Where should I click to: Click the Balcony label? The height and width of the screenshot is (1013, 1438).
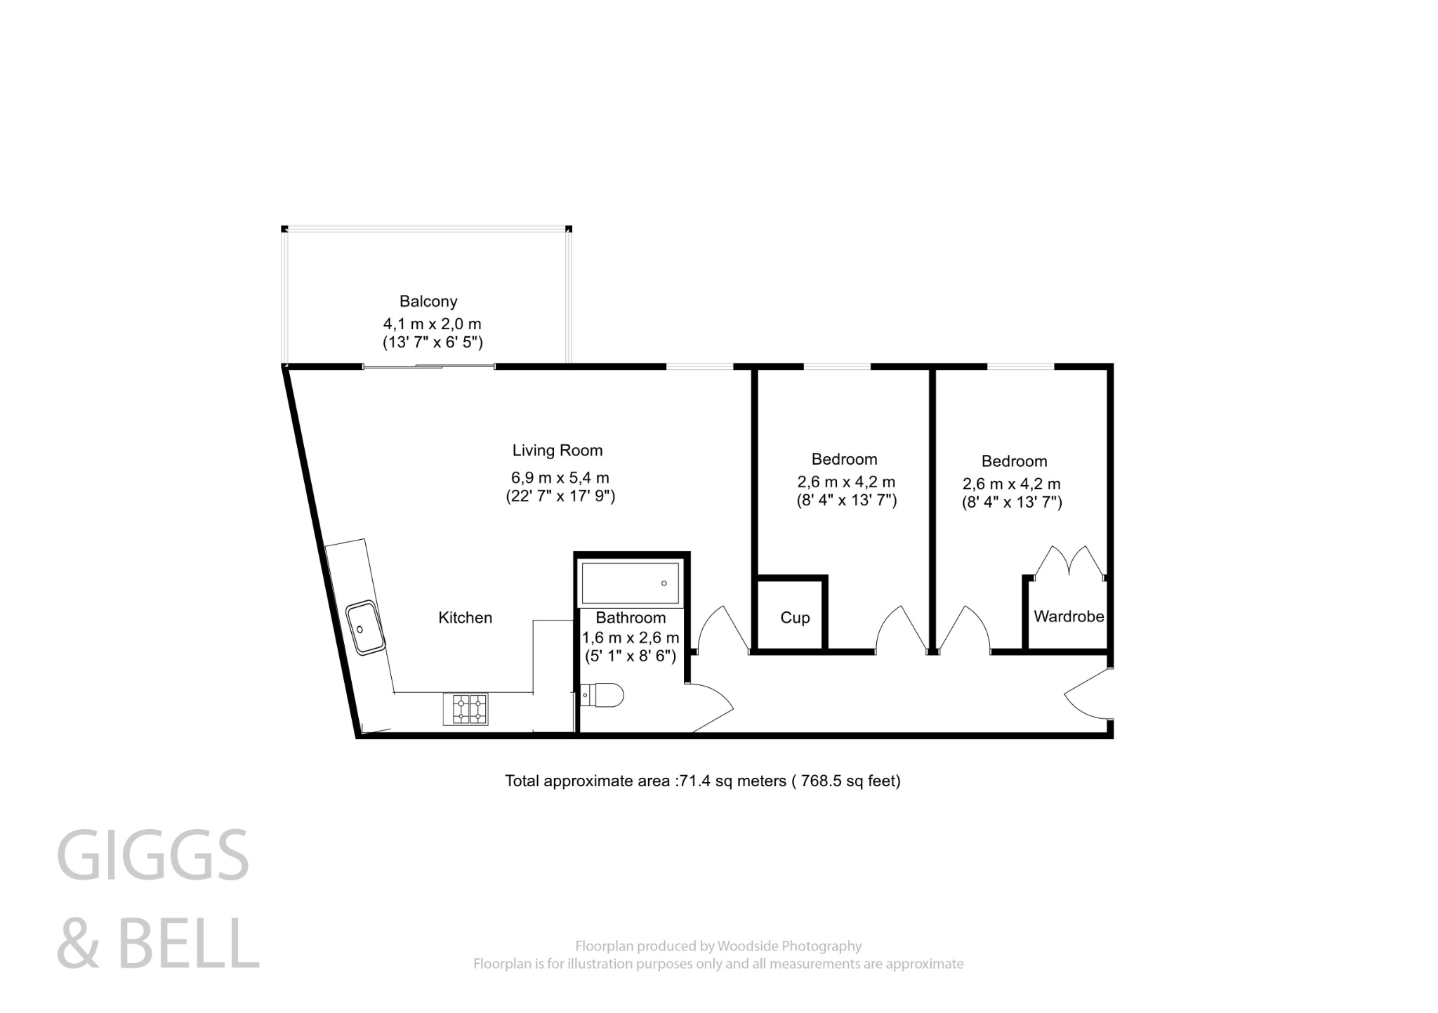[428, 301]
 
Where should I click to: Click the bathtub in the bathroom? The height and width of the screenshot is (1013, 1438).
[630, 583]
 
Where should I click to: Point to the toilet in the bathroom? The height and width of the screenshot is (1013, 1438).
[604, 696]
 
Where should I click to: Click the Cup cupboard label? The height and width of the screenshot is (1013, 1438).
[795, 618]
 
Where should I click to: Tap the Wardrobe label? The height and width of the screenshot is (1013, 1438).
[1069, 616]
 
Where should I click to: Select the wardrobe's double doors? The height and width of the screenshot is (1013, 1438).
[1069, 562]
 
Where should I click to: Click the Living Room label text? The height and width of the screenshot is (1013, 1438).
[557, 451]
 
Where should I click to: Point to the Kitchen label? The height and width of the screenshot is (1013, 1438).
[465, 618]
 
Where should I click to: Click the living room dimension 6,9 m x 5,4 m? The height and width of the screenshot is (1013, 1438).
[560, 478]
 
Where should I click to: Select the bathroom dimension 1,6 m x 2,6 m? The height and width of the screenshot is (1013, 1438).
[631, 638]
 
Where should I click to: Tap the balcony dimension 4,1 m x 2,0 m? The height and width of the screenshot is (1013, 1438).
[432, 324]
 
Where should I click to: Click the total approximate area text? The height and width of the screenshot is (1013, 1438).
[702, 781]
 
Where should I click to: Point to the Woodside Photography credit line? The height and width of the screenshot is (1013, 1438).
[718, 946]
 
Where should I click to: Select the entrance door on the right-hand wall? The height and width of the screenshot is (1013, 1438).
[1088, 695]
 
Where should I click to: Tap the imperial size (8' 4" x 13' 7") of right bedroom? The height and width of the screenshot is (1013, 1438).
[1011, 502]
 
